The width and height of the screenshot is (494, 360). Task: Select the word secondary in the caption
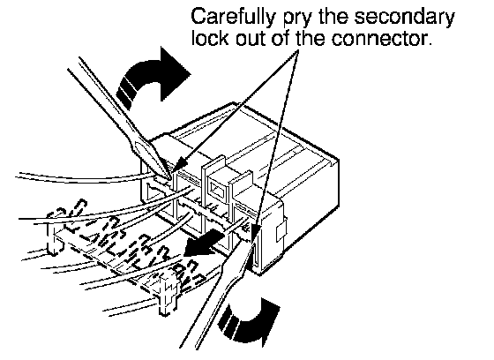[x=405, y=18]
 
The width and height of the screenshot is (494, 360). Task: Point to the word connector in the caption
[x=380, y=39]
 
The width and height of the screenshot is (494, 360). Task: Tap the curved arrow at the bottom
[x=249, y=323]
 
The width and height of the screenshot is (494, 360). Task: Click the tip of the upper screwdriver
[x=171, y=179]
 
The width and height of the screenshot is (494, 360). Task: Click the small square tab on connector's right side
[x=282, y=231]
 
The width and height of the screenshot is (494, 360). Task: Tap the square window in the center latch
[x=218, y=191]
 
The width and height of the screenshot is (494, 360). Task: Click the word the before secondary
[x=334, y=18]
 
